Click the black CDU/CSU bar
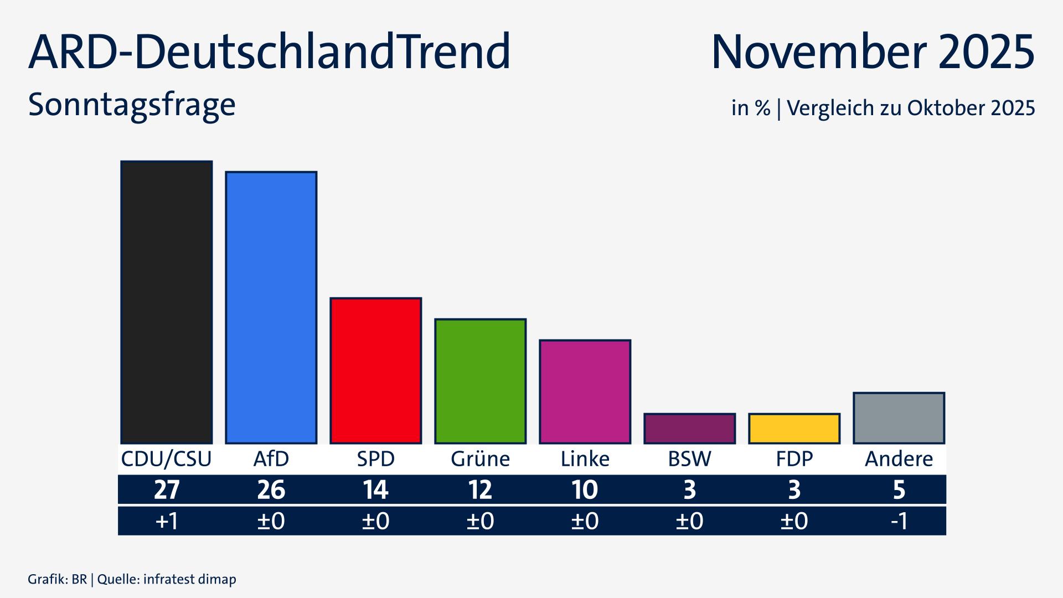tap(166, 302)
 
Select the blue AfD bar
tap(271, 307)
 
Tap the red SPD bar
tap(375, 370)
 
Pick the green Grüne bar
tap(480, 381)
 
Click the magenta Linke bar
tap(585, 391)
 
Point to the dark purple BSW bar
tap(689, 428)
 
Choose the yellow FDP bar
tap(794, 428)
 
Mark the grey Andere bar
tap(899, 418)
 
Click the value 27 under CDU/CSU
tap(166, 490)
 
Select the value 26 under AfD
tap(271, 490)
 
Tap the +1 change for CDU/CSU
tap(166, 521)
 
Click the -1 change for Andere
tap(899, 521)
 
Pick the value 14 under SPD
tap(375, 490)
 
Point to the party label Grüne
tap(480, 459)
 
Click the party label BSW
tap(689, 459)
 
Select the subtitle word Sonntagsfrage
tap(132, 105)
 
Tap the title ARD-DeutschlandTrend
tap(269, 51)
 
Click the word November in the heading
tap(817, 51)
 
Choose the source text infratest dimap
tap(189, 579)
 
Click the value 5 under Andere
tap(899, 490)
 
